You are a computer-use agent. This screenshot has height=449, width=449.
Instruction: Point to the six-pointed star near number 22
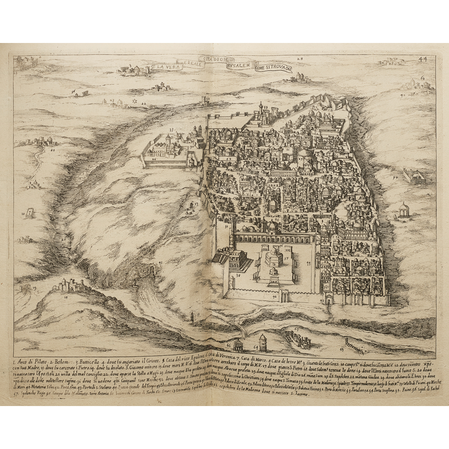[134, 102]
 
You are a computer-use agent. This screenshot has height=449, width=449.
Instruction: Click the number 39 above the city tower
[265, 106]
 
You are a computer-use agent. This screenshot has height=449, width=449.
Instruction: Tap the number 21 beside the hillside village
[53, 149]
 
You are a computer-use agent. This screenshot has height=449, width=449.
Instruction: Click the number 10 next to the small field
[23, 214]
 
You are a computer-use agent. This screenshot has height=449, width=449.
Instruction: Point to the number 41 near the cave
[160, 263]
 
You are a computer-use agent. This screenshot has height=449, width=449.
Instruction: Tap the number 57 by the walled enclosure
[395, 178]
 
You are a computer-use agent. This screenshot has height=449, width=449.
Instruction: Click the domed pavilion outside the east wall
[403, 210]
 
